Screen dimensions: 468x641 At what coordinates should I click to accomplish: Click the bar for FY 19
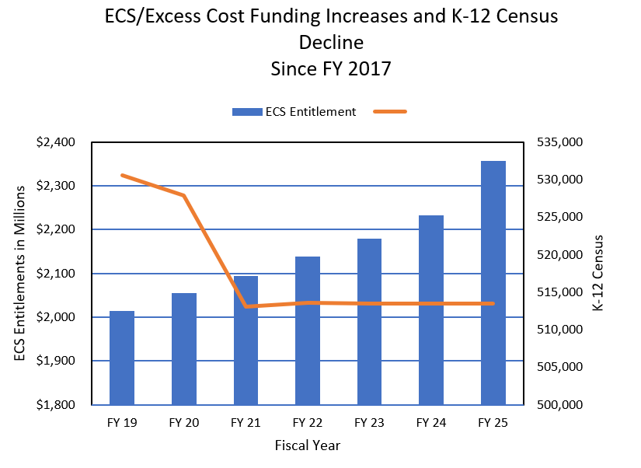pos(122,358)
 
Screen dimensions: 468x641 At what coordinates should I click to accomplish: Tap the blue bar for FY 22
pos(308,330)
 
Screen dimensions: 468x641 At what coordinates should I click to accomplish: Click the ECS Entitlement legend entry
pos(294,111)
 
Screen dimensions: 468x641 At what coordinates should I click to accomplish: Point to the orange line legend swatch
pos(390,111)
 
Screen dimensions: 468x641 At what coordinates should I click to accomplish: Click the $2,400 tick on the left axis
pos(55,142)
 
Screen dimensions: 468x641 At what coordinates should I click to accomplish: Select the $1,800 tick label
pos(55,405)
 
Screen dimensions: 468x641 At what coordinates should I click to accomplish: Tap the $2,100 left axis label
pos(55,274)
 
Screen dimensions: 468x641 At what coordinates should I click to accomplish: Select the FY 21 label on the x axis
pos(246,424)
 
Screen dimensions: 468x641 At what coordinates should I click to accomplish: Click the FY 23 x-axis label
pos(369,424)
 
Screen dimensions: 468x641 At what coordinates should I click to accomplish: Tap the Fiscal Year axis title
pos(308,446)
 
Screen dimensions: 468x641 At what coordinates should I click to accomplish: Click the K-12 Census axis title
pos(597,274)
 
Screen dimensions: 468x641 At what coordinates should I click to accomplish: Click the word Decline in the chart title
pos(331,42)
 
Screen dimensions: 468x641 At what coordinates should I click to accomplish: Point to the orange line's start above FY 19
pos(123,175)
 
